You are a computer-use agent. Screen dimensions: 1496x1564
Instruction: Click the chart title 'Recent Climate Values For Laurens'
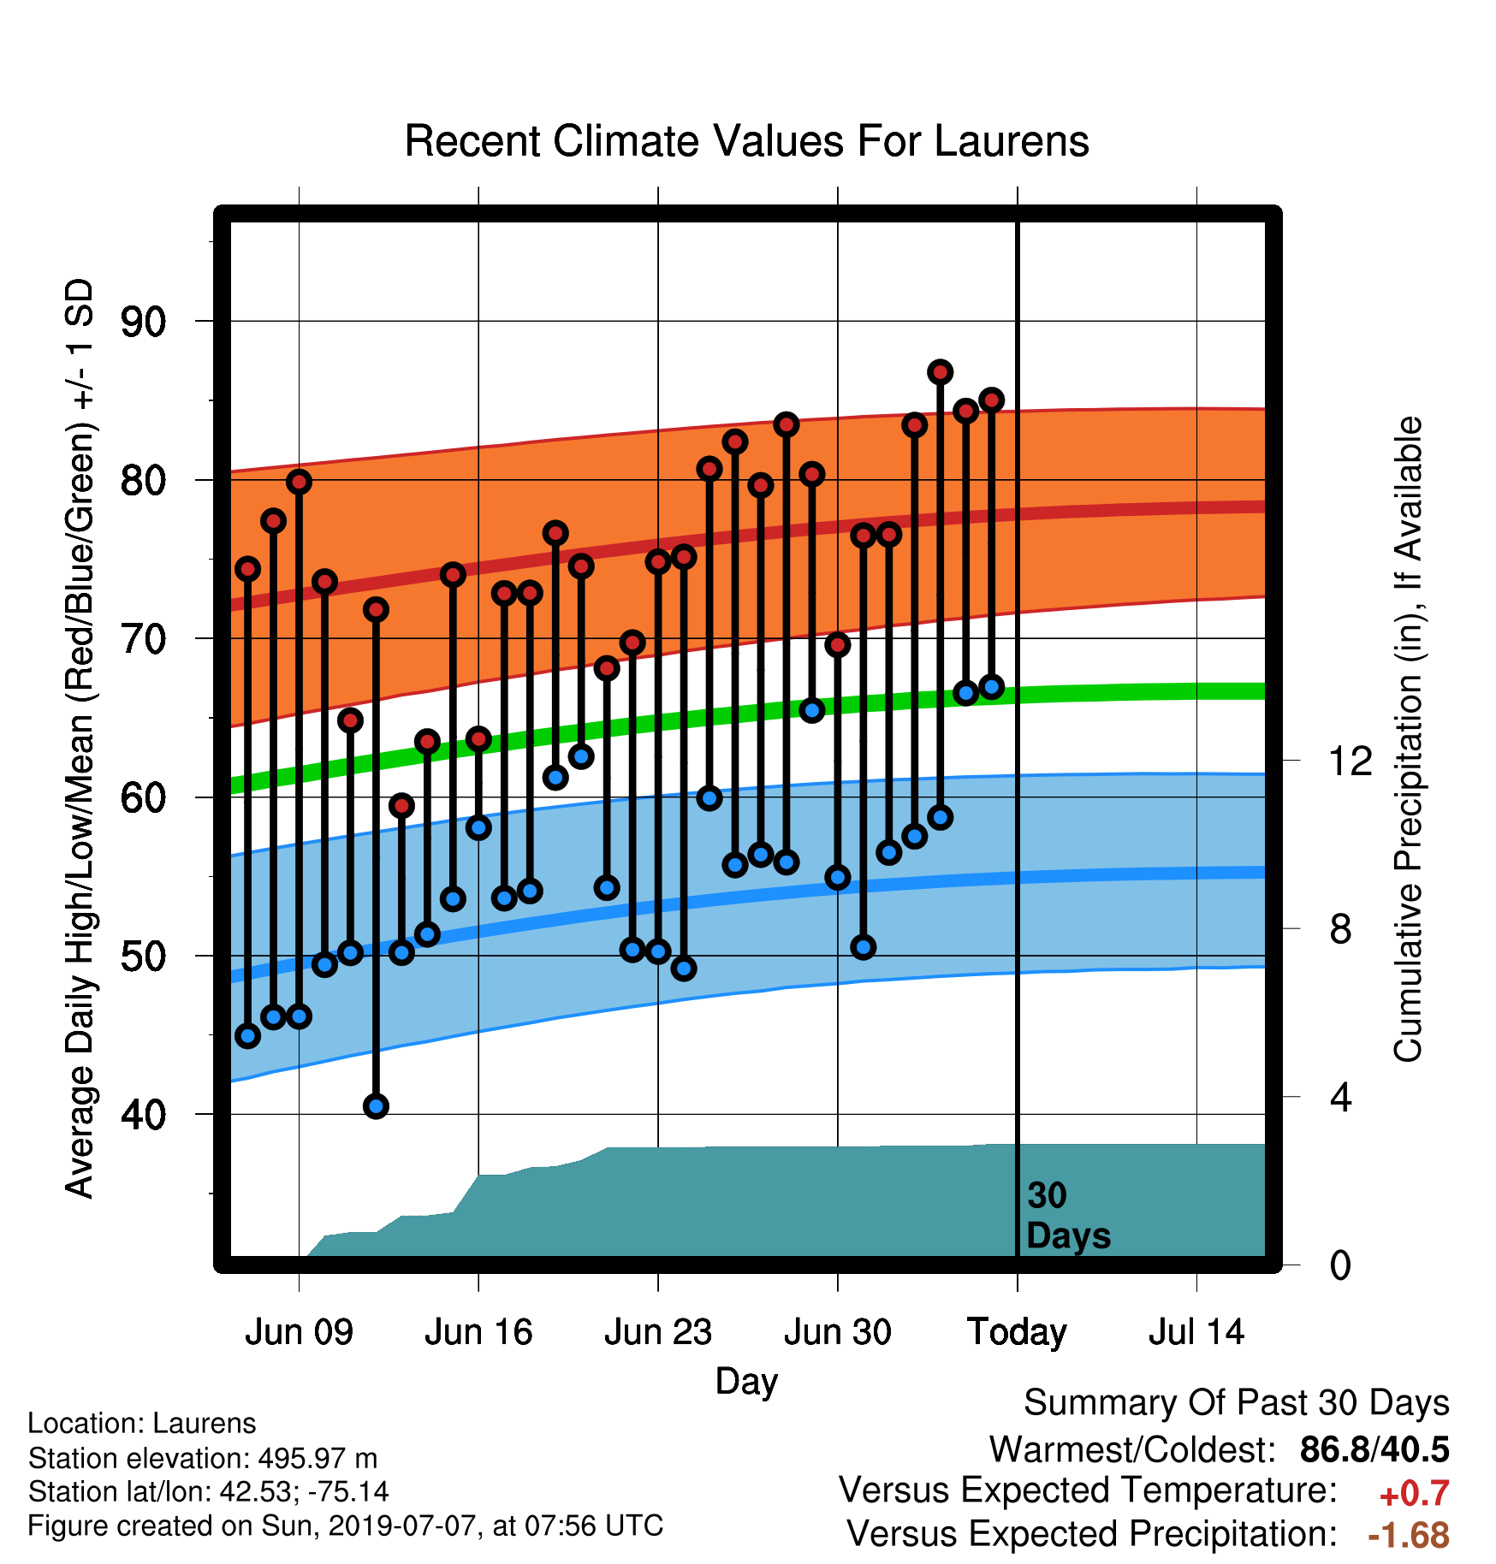point(746,141)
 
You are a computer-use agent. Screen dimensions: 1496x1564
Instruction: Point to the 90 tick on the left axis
point(144,323)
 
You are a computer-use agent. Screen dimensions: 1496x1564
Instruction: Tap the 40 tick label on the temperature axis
point(144,1115)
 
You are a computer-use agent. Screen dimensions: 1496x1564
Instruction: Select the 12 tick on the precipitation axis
point(1351,761)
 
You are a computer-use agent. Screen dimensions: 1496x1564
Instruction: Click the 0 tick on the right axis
point(1340,1265)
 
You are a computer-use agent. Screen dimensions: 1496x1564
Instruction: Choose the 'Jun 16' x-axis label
point(478,1332)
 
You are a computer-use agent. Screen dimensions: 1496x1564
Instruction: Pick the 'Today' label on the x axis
point(1017,1332)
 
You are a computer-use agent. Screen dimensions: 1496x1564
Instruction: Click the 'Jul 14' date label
point(1196,1332)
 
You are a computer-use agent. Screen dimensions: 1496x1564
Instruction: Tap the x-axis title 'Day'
point(747,1382)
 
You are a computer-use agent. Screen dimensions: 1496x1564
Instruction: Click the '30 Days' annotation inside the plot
point(1068,1216)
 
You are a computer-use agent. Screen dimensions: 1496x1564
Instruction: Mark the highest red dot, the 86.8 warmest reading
point(941,372)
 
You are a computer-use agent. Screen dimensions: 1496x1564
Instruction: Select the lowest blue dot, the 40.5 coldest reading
point(376,1106)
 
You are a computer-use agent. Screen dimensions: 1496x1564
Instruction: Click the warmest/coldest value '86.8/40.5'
point(1374,1449)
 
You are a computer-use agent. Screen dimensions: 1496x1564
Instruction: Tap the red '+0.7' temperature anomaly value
point(1414,1494)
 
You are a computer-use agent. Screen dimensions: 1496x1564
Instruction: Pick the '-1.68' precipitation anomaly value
point(1409,1536)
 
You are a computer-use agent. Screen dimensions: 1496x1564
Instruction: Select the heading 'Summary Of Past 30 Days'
point(1237,1403)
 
